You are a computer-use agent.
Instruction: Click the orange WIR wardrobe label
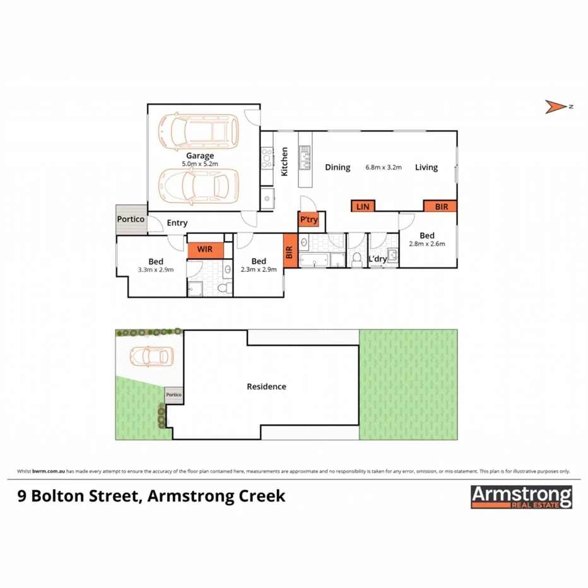point(205,249)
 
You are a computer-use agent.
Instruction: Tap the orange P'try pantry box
point(309,220)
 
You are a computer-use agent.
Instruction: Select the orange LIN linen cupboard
point(362,206)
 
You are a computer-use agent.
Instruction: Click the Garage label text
point(199,156)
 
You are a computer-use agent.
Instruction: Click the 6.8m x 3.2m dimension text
point(384,168)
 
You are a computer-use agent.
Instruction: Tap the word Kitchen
point(285,162)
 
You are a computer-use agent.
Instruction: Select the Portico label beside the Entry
point(131,219)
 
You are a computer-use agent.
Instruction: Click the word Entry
point(177,223)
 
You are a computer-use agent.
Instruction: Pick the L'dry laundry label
point(377,259)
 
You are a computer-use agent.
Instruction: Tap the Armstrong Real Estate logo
point(521,497)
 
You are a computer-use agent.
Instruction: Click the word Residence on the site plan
point(266,387)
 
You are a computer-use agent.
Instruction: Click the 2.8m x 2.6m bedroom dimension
point(427,244)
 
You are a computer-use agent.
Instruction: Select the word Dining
point(338,168)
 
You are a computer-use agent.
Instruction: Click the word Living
point(426,168)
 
